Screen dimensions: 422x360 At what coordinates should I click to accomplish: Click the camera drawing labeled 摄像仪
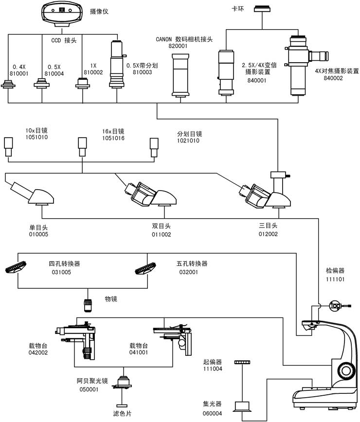pyautogui.click(x=61, y=14)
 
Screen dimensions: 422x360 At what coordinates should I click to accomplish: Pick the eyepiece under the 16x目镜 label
pyautogui.click(x=82, y=145)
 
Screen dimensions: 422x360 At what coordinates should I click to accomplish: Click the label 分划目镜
pyautogui.click(x=189, y=134)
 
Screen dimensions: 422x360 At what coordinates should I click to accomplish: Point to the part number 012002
pyautogui.click(x=268, y=234)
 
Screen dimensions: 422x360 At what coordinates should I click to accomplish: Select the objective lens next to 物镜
pyautogui.click(x=89, y=305)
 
